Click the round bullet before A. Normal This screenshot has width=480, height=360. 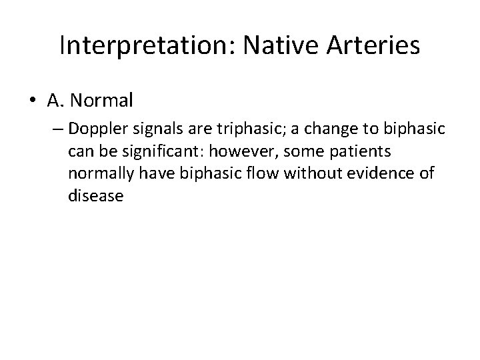pyautogui.click(x=33, y=101)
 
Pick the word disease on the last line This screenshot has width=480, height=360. pyautogui.click(x=95, y=197)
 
